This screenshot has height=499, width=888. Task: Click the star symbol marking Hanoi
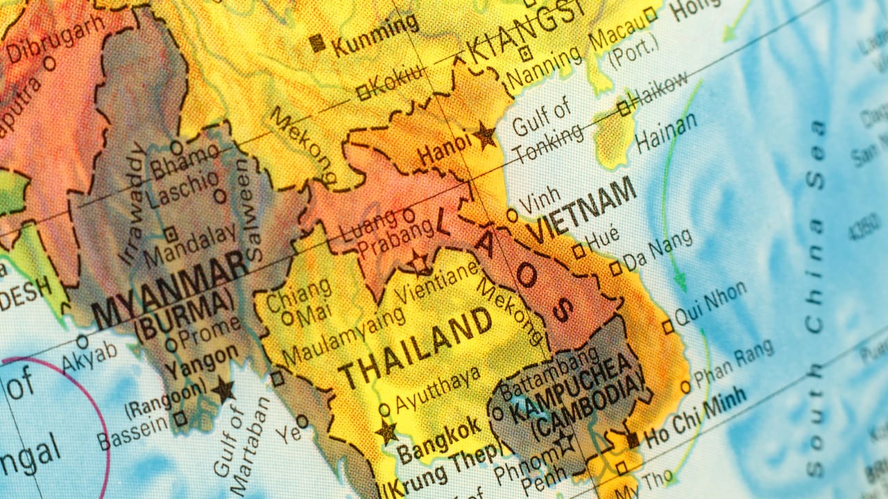coord(485,135)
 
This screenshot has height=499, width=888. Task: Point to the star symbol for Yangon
coord(223,389)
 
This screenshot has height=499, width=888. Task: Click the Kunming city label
coord(375,35)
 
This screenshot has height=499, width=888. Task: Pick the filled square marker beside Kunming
coord(318,43)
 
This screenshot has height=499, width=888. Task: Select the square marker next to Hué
coord(578,252)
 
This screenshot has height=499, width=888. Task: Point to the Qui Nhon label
coord(711,303)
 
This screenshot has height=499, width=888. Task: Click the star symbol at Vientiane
coord(418,263)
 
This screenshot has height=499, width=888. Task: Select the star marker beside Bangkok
coord(386,432)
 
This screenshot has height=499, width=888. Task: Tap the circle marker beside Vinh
coord(512,216)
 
